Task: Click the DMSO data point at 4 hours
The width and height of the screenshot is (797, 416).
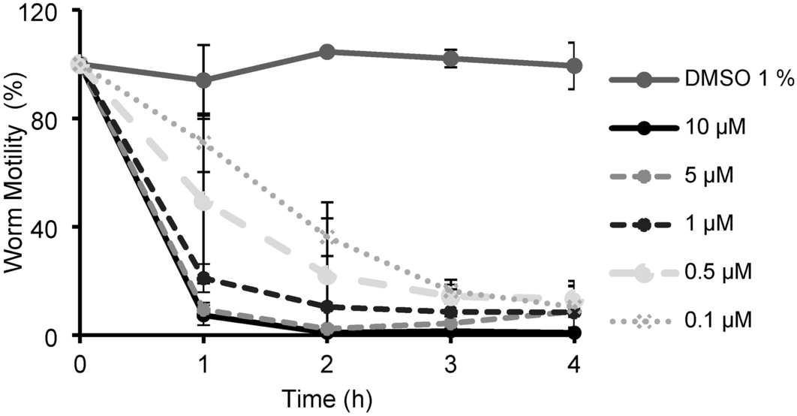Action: (x=574, y=66)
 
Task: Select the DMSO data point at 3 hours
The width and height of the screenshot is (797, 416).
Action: (x=450, y=58)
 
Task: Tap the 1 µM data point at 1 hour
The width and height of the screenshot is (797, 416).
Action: (x=203, y=279)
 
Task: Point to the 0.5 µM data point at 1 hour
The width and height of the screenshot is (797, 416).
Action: (x=203, y=201)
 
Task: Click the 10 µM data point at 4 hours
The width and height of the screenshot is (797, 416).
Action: (x=574, y=332)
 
